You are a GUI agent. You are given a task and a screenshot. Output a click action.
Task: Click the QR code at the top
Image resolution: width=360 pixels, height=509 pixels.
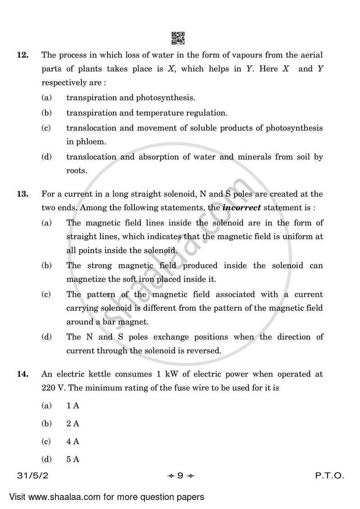click(x=178, y=39)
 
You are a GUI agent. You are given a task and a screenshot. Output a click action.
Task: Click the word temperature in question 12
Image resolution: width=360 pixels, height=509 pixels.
click(x=155, y=113)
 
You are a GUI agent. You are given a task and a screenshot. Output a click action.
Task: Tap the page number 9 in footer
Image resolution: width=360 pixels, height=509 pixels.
click(x=180, y=476)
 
